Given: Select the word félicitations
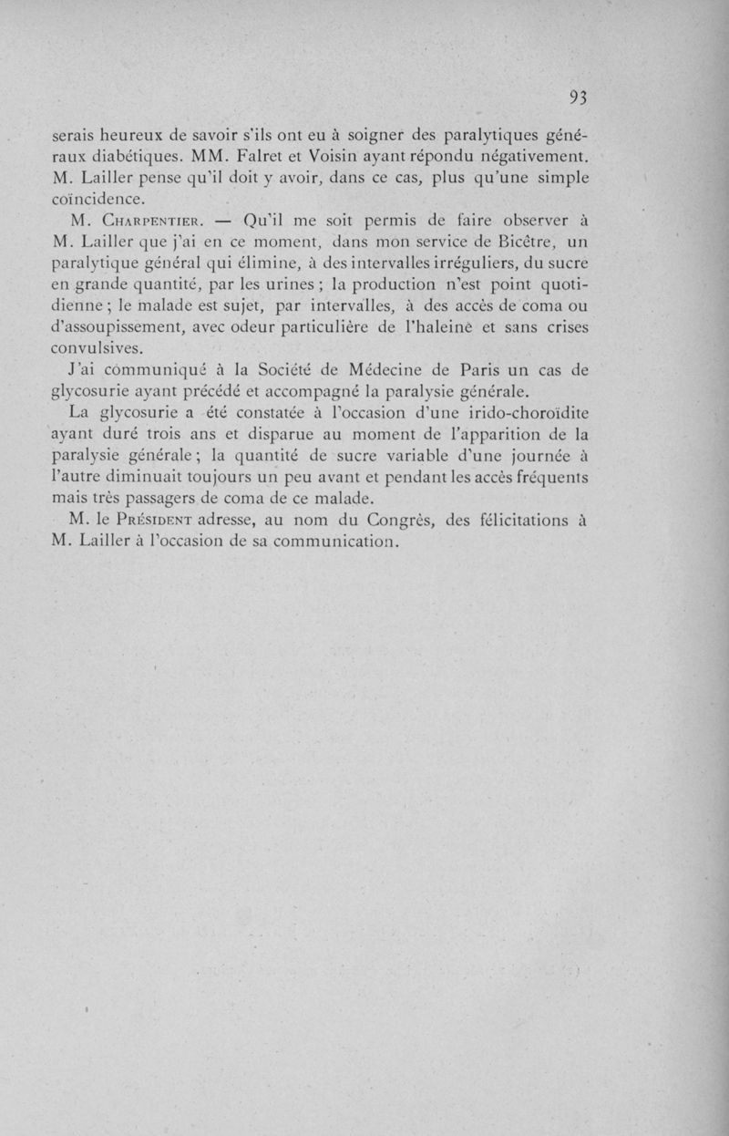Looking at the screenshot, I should pos(523,522).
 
